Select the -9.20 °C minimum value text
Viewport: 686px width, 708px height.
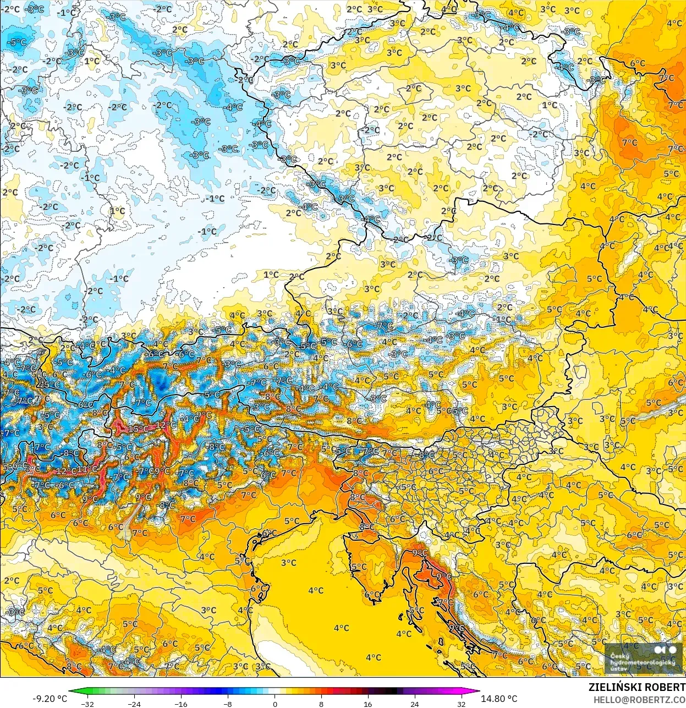click(50, 699)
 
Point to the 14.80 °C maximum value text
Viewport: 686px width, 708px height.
click(499, 699)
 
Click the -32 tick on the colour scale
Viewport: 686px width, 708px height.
click(87, 704)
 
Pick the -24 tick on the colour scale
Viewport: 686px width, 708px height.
click(134, 704)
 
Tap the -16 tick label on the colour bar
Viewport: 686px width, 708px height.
click(180, 704)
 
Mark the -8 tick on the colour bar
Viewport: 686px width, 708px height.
click(228, 704)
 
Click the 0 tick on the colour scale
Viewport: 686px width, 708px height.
click(275, 704)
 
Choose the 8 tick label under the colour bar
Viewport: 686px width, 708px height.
click(321, 704)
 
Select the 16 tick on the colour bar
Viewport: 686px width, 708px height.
click(368, 704)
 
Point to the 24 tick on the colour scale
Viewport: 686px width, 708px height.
click(415, 704)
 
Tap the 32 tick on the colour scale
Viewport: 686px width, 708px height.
click(462, 704)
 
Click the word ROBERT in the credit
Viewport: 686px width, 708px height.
click(666, 688)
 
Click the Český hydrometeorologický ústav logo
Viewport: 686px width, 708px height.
click(643, 658)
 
